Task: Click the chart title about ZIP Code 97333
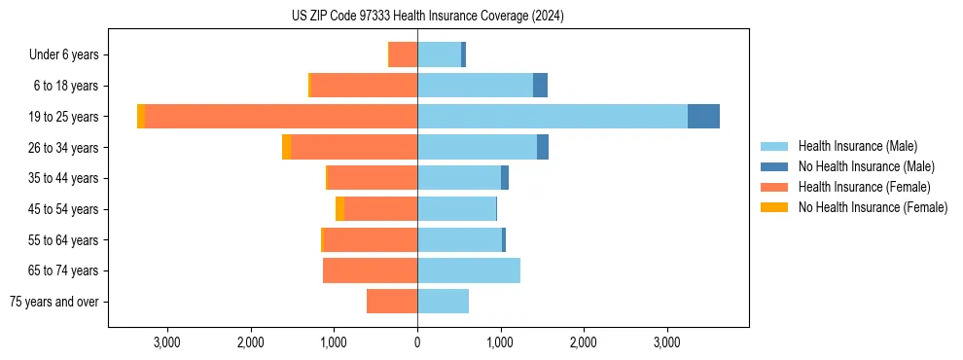(427, 16)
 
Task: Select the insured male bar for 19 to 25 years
(552, 117)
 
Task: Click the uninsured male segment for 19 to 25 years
(703, 117)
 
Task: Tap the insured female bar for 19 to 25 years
(281, 117)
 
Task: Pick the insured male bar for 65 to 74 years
(469, 270)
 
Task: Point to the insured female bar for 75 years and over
(392, 302)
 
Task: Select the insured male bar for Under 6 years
(439, 54)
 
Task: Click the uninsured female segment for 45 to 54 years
(339, 209)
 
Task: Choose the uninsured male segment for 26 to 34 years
(543, 147)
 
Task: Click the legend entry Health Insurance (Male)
(857, 146)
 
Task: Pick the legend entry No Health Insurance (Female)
(873, 207)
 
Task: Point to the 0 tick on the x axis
(417, 342)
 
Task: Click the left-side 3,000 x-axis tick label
(167, 342)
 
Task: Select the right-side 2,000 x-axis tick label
(584, 342)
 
